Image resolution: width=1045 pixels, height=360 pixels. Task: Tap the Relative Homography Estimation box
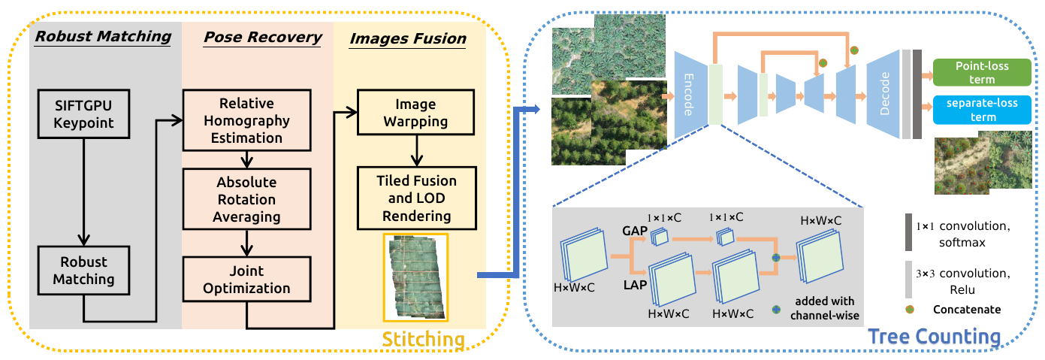pyautogui.click(x=247, y=120)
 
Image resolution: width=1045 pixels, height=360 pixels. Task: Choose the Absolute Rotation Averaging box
pyautogui.click(x=247, y=199)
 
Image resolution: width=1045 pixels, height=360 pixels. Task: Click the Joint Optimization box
pyautogui.click(x=247, y=278)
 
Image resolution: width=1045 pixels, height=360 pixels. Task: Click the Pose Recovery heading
pyautogui.click(x=263, y=37)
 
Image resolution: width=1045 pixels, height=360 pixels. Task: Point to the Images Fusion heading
pyautogui.click(x=407, y=37)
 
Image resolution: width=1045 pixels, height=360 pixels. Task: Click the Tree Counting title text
pyautogui.click(x=934, y=336)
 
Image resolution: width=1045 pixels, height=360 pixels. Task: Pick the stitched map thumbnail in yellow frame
pyautogui.click(x=415, y=277)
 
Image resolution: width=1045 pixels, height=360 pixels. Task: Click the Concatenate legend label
pyautogui.click(x=967, y=309)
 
